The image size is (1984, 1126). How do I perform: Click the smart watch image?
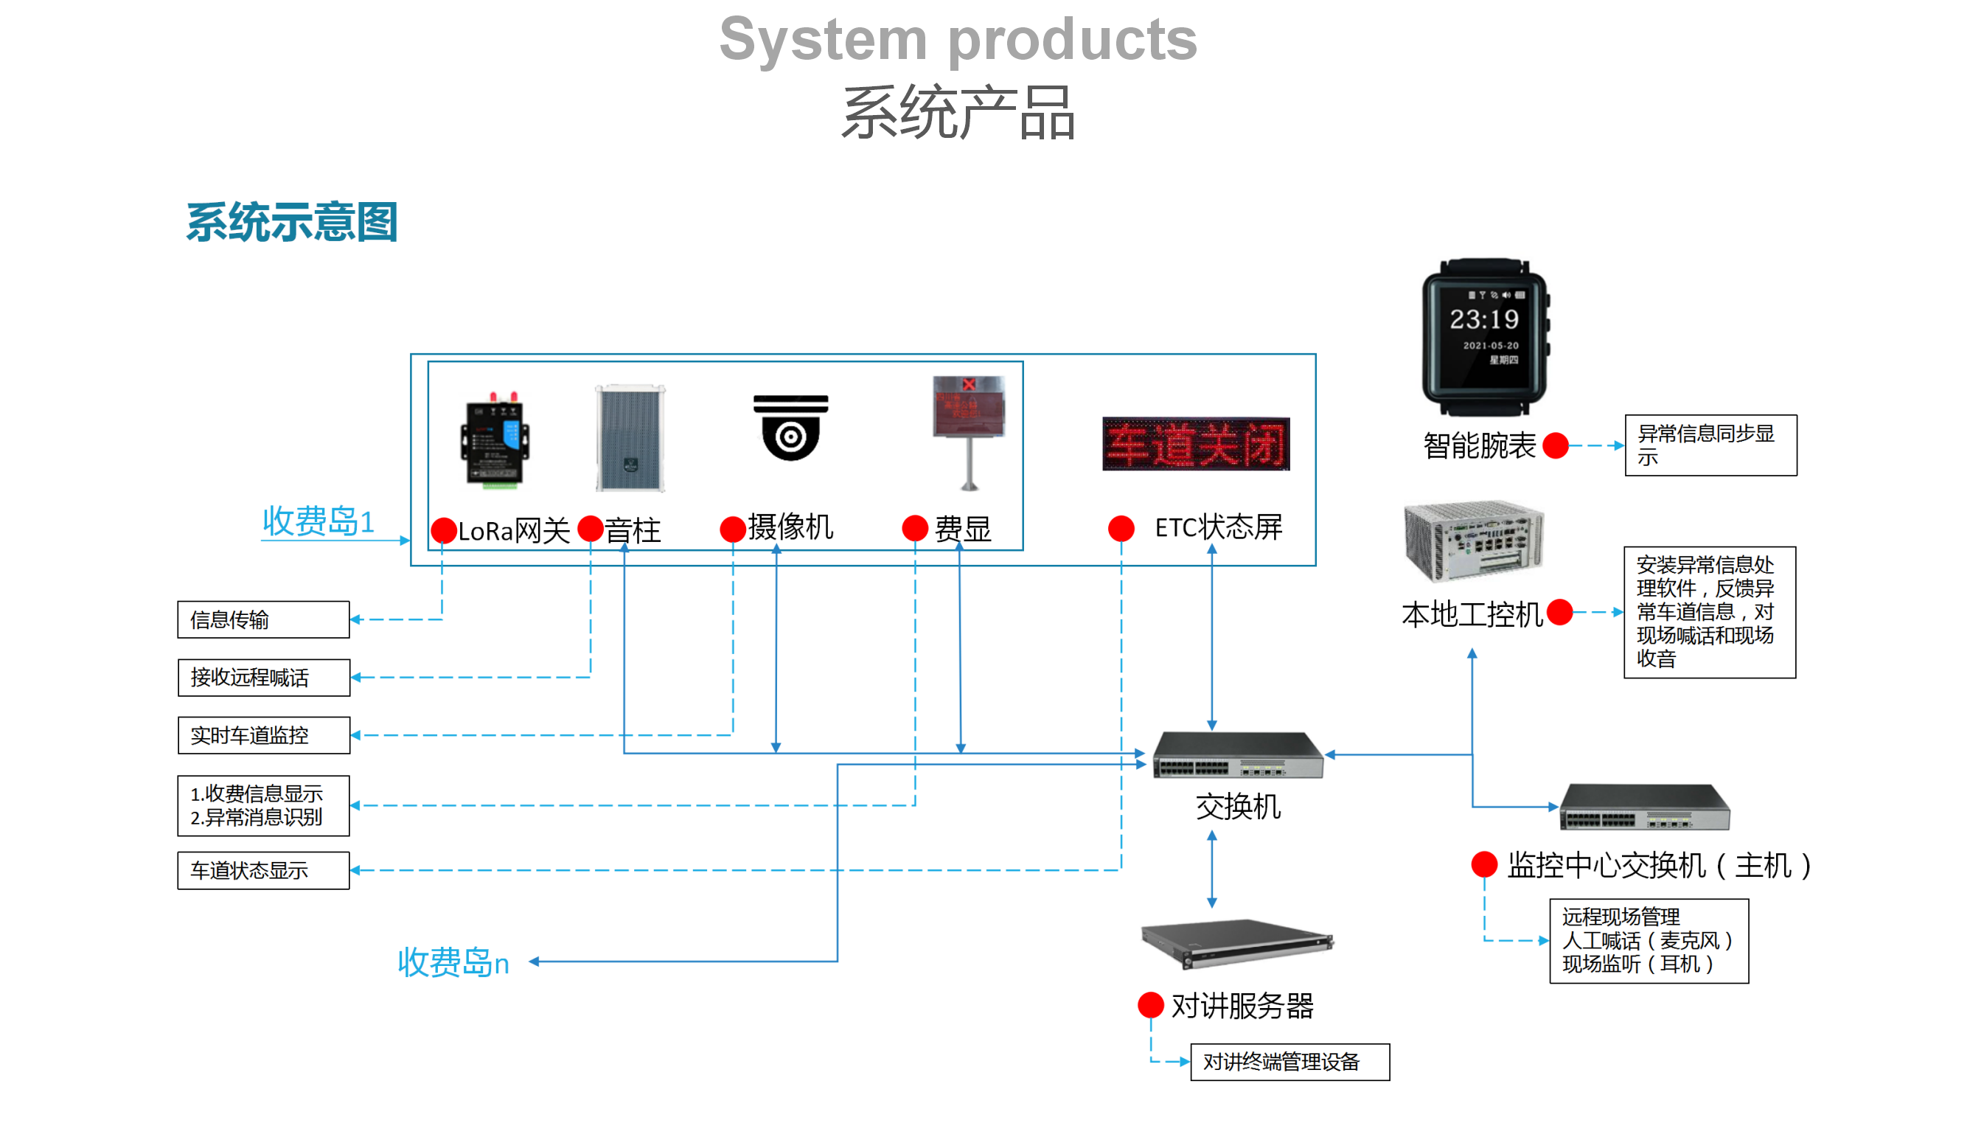[1486, 338]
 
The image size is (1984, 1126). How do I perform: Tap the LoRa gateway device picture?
[495, 442]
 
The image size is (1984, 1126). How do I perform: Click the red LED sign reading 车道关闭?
[1195, 444]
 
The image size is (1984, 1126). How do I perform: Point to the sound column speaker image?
[630, 438]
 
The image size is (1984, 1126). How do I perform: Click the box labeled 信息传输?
[263, 619]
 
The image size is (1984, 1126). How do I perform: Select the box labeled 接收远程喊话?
[263, 678]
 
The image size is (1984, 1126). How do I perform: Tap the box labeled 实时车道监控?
[263, 734]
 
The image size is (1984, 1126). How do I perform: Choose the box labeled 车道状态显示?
[263, 870]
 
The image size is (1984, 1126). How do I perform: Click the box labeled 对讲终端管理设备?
[1289, 1062]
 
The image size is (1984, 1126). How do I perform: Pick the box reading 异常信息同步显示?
[1710, 445]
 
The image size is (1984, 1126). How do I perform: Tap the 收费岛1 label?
[318, 521]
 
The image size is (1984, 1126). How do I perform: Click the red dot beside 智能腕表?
[1555, 445]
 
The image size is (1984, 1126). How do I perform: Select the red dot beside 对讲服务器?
[1150, 1005]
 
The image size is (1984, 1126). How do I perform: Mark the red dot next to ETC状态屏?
[1121, 529]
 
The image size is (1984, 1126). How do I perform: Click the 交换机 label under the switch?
[1238, 807]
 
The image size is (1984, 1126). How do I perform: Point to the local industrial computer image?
[1474, 541]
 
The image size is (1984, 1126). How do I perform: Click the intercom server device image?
[1237, 942]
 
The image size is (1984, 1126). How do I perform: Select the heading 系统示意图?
[291, 223]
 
